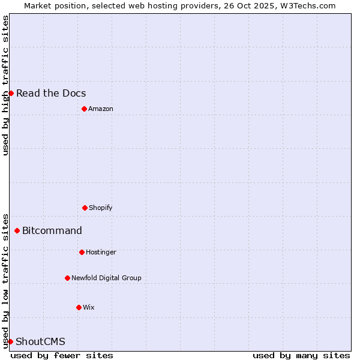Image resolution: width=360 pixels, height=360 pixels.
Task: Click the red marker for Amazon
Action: (x=84, y=109)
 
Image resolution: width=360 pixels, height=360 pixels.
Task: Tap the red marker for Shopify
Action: (x=85, y=208)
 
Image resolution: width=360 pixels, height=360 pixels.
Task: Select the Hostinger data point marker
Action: (x=82, y=252)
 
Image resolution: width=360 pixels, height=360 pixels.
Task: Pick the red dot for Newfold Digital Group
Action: (x=67, y=278)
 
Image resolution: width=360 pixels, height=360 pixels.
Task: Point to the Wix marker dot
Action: (x=79, y=307)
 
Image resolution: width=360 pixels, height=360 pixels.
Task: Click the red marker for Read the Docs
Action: (x=11, y=93)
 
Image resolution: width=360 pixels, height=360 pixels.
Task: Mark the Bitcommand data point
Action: (x=17, y=230)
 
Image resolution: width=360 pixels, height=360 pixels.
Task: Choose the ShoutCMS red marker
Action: (x=10, y=341)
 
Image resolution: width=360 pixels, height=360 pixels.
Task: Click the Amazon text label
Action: (x=101, y=109)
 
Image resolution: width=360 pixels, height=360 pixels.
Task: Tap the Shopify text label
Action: (x=101, y=208)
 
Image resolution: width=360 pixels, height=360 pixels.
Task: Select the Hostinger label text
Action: (x=101, y=252)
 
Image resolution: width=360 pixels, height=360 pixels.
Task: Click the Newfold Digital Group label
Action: (x=106, y=278)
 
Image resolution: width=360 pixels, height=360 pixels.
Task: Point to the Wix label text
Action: (x=88, y=307)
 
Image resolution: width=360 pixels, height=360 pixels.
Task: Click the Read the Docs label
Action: (x=51, y=93)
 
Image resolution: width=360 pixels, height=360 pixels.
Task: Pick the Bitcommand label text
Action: (x=52, y=230)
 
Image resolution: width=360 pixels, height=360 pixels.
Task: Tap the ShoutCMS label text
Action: (x=40, y=341)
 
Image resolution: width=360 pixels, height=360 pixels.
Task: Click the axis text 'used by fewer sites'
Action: (x=62, y=355)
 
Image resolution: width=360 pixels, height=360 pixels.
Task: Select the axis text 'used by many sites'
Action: (x=301, y=355)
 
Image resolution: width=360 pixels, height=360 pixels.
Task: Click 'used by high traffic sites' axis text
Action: (x=5, y=85)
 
